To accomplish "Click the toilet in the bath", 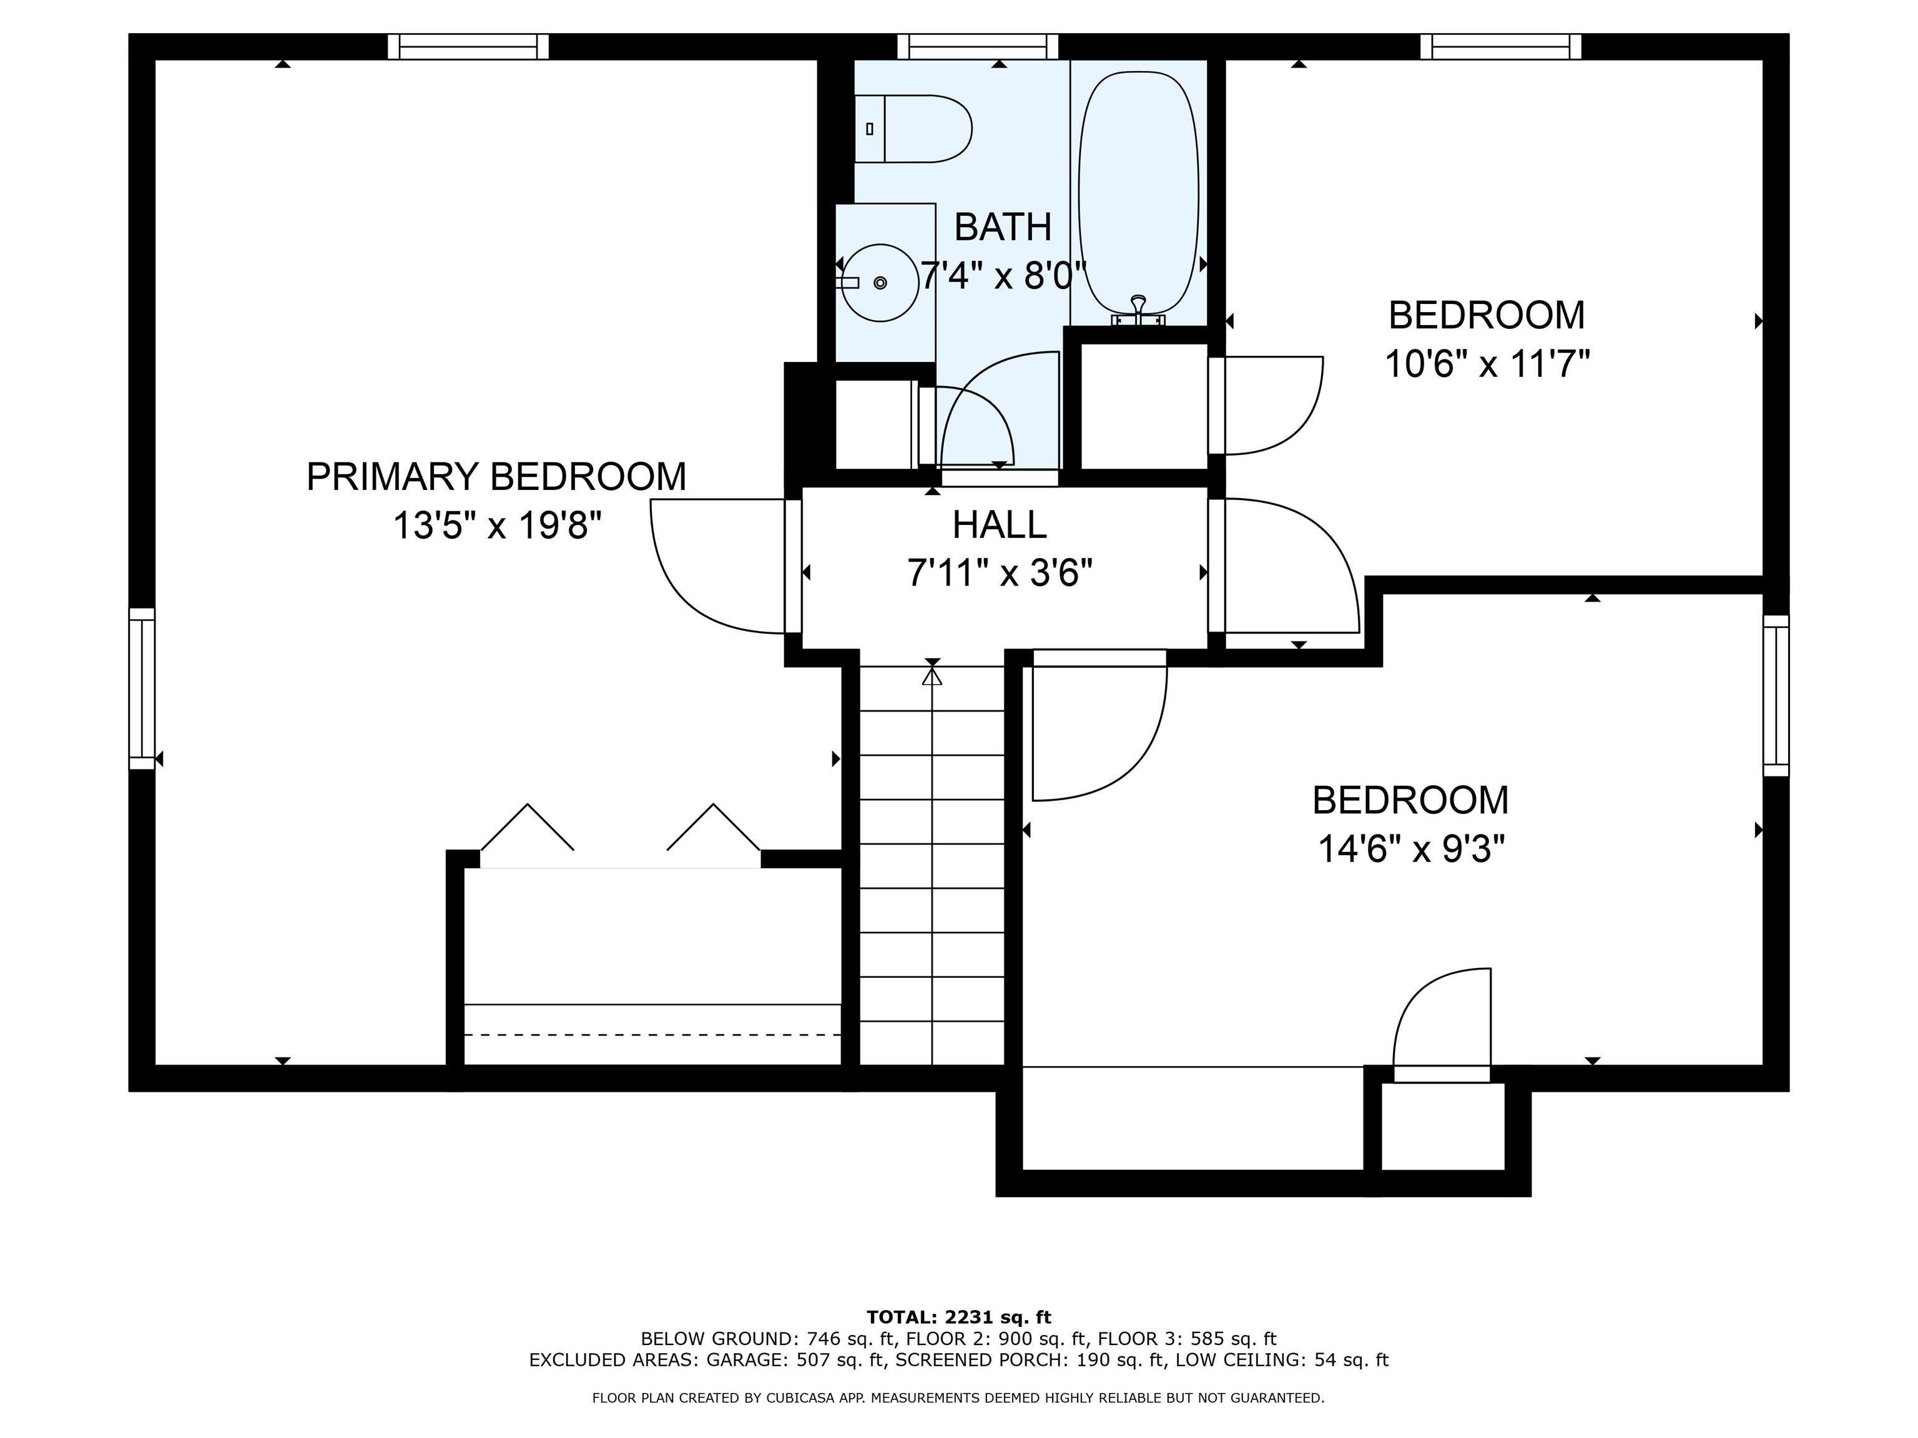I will [915, 129].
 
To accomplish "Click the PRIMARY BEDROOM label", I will [496, 477].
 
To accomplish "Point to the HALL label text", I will [999, 524].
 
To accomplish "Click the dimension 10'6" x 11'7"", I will [1486, 364].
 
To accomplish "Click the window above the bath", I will [977, 46].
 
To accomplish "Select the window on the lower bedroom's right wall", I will [1776, 695].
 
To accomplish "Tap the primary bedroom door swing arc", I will [685, 589].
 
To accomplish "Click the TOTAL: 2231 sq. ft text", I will [958, 1318].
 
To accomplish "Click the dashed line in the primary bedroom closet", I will [652, 1035].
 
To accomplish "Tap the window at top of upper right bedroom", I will [1500, 46].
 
